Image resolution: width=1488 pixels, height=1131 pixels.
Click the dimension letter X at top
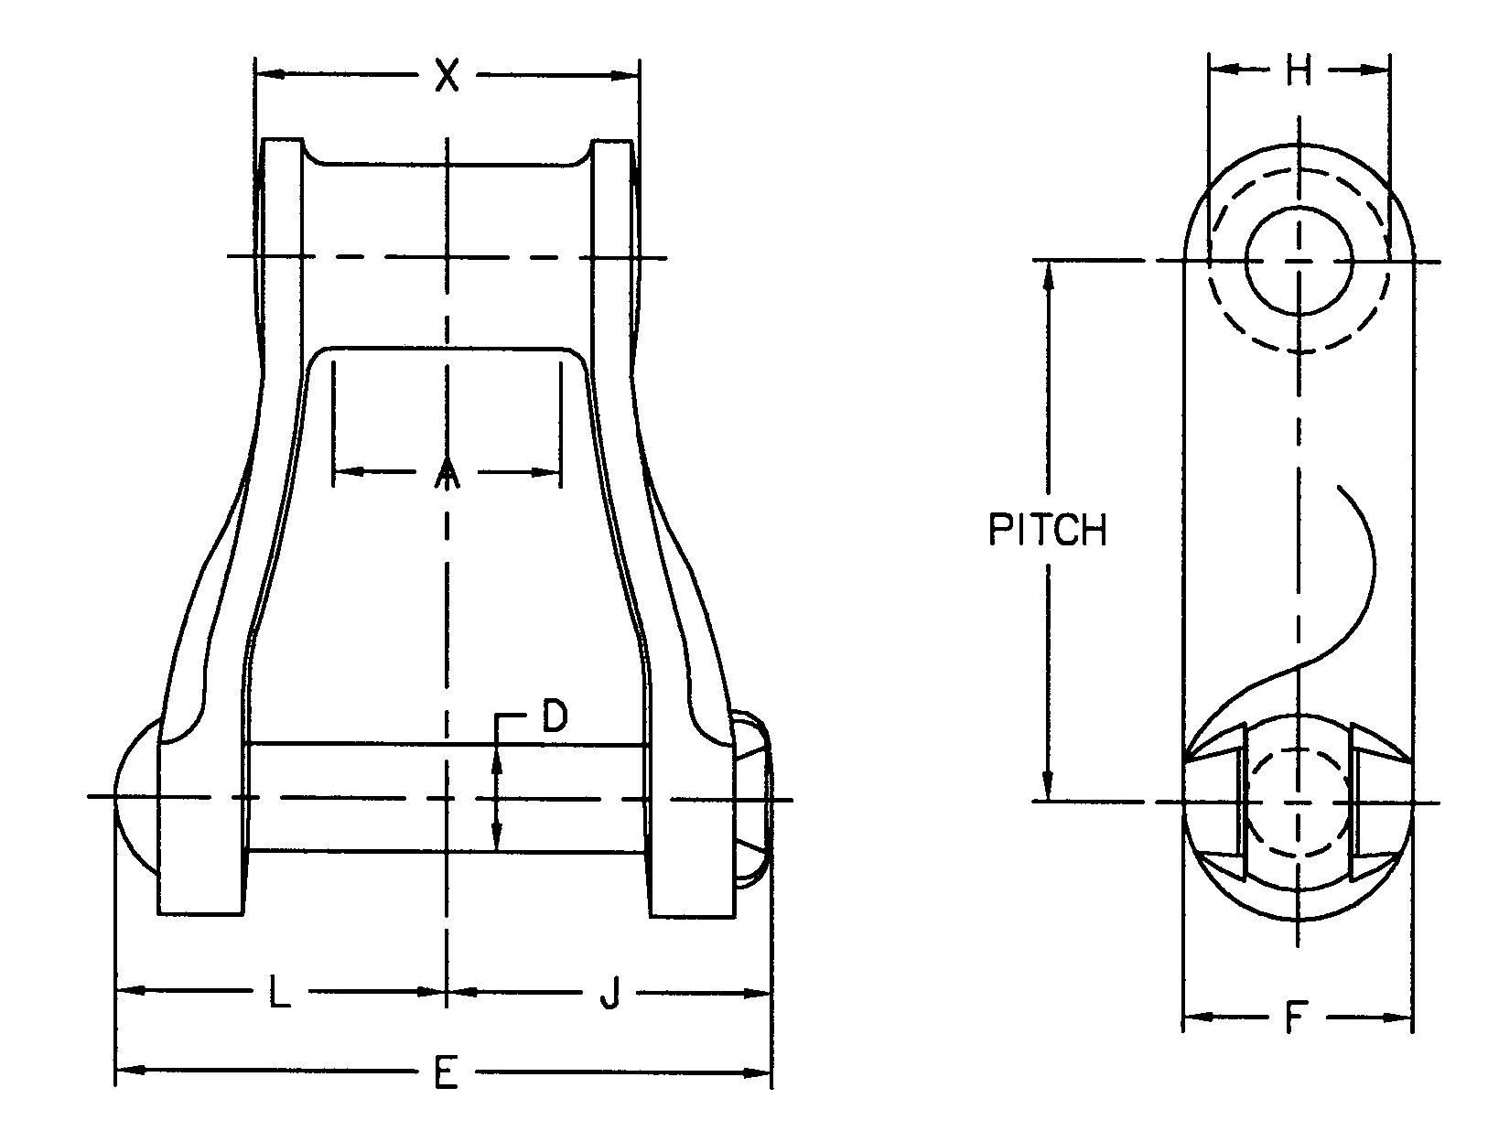coord(446,75)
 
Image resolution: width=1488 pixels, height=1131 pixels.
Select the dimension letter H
coord(1298,70)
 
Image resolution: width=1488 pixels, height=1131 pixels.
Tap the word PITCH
coord(1047,530)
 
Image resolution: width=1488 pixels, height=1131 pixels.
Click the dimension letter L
coord(279,993)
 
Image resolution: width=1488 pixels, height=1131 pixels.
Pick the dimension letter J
coord(609,993)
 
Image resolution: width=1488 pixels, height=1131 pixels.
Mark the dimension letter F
coord(1294,1018)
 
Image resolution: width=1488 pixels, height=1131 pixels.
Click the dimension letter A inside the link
coord(447,473)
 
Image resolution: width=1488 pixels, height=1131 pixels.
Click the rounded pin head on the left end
coord(135,798)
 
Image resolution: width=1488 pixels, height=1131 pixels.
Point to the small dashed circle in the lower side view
coord(1298,802)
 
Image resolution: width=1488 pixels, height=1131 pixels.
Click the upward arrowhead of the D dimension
coord(496,756)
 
